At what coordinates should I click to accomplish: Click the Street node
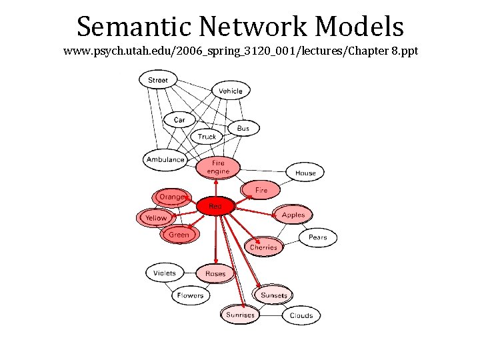click(158, 80)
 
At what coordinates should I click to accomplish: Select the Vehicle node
click(231, 91)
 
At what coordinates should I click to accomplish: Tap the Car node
click(179, 120)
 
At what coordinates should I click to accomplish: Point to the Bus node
click(243, 128)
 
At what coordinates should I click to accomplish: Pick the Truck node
click(207, 137)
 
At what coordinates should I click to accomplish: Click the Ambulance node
click(165, 159)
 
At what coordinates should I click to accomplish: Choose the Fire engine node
click(218, 167)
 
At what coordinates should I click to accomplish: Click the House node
click(305, 173)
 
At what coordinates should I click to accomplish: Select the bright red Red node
click(215, 207)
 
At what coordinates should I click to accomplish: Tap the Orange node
click(171, 197)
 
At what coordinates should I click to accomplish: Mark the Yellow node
click(156, 218)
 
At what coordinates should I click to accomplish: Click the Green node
click(179, 235)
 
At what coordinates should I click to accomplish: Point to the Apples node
click(293, 215)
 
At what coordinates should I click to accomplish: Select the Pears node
click(317, 237)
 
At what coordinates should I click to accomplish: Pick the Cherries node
click(263, 247)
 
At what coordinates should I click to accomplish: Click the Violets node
click(165, 273)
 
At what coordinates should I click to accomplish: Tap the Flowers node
click(191, 295)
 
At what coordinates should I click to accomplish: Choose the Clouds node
click(301, 315)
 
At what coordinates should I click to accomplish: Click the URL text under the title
click(240, 51)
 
